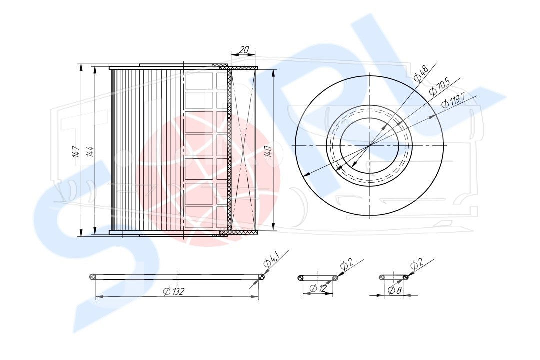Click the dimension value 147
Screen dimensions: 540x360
click(x=77, y=152)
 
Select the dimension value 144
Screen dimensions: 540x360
click(x=90, y=152)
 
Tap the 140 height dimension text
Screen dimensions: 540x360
click(x=269, y=152)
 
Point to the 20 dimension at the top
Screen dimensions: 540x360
click(x=244, y=50)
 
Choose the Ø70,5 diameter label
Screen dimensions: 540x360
click(x=440, y=87)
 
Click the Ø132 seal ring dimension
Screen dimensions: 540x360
click(x=174, y=292)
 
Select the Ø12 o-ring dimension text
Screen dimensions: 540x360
click(x=318, y=289)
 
